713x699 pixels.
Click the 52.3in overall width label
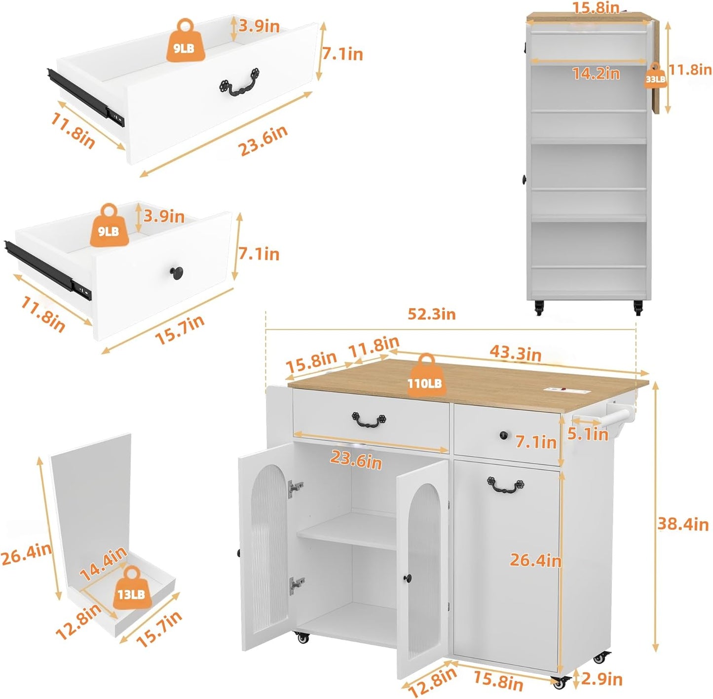point(431,314)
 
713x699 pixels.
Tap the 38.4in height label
point(683,524)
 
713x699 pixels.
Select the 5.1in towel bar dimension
point(587,434)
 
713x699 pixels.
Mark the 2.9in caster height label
point(601,679)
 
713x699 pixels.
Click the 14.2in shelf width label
point(596,74)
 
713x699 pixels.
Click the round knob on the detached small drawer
point(177,272)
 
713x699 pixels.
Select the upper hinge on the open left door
point(296,487)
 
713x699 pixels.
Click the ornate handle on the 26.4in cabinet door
point(505,485)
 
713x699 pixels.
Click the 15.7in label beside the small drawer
point(180,330)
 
